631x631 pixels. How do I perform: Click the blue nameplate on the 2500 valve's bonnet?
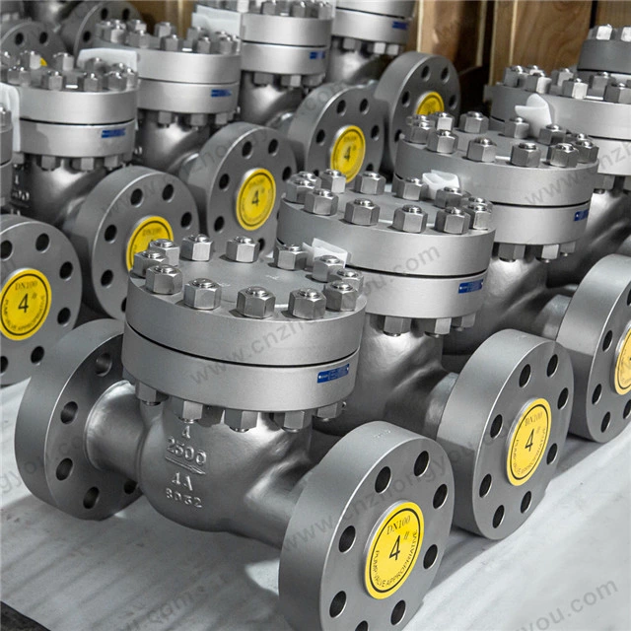click(x=332, y=374)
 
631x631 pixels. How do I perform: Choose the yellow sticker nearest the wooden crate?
click(x=430, y=103)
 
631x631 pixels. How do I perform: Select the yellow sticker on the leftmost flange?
click(x=24, y=304)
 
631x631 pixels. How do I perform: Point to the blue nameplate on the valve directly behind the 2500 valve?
click(x=471, y=286)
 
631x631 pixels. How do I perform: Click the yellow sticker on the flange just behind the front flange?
click(x=528, y=441)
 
